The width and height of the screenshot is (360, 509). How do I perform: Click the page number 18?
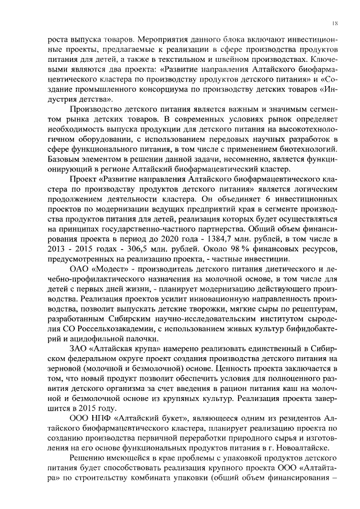tap(335, 23)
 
